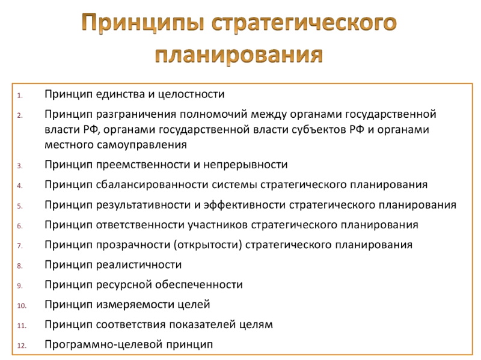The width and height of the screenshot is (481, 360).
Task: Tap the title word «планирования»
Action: click(x=239, y=55)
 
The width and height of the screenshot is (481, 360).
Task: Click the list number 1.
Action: click(x=20, y=96)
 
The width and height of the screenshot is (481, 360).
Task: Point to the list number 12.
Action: click(x=22, y=346)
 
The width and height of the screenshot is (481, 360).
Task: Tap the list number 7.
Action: click(x=20, y=246)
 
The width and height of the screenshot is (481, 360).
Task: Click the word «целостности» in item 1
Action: click(x=191, y=94)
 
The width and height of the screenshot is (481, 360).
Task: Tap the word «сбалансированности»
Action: click(x=152, y=185)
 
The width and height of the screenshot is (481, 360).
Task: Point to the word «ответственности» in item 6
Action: click(x=140, y=225)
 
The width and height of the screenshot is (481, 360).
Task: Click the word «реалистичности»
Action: click(x=139, y=264)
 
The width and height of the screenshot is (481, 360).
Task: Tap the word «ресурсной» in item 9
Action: click(x=124, y=285)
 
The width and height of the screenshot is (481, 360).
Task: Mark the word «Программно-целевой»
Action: click(x=103, y=344)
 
